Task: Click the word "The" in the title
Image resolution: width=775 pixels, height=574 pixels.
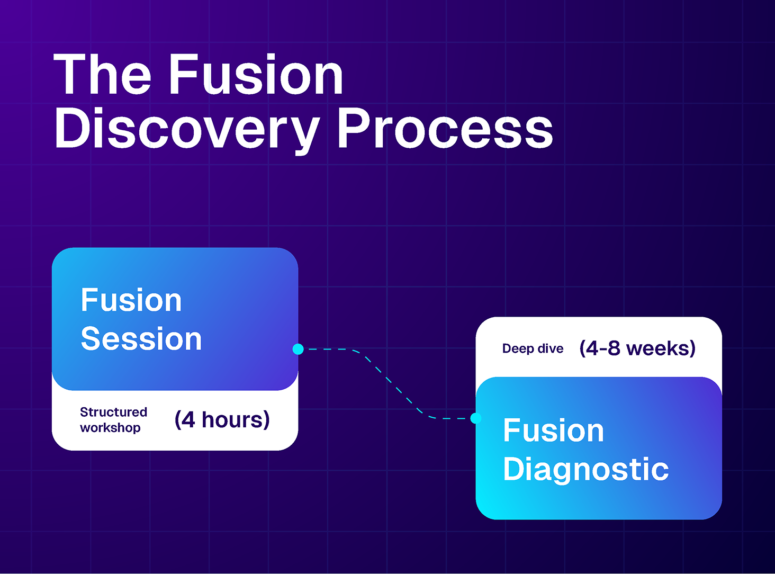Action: click(102, 75)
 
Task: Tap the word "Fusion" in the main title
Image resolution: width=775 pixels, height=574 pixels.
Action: click(256, 75)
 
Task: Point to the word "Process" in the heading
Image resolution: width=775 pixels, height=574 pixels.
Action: click(445, 129)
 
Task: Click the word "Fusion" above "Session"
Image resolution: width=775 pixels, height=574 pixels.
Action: click(131, 300)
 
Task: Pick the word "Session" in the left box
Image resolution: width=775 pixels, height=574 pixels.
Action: click(141, 339)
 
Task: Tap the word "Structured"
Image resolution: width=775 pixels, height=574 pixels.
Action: click(113, 412)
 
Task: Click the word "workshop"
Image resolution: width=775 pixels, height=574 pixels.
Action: click(110, 428)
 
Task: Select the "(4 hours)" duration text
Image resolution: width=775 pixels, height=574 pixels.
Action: click(222, 420)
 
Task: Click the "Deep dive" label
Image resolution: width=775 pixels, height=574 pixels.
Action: click(533, 349)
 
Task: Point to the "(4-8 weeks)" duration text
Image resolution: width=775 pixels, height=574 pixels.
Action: click(637, 348)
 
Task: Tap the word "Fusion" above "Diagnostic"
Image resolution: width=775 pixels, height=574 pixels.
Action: click(553, 430)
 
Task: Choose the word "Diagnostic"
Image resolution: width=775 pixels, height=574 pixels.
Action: click(585, 469)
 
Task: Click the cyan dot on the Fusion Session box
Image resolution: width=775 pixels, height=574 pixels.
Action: click(298, 349)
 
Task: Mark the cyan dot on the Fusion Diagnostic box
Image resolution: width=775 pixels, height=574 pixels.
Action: click(476, 418)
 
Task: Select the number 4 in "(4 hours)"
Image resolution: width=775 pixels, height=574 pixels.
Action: click(188, 420)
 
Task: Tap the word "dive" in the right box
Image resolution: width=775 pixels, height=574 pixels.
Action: click(550, 349)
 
